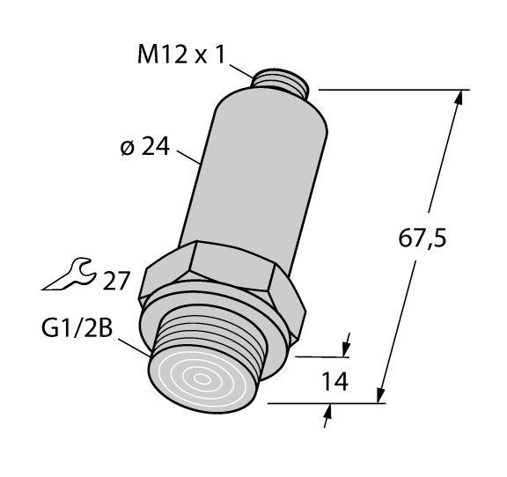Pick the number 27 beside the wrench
[116, 281]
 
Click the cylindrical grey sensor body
[255, 176]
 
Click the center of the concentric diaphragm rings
[204, 379]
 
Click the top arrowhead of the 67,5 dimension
[459, 97]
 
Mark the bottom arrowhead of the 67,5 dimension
[382, 395]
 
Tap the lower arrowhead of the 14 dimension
[327, 413]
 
